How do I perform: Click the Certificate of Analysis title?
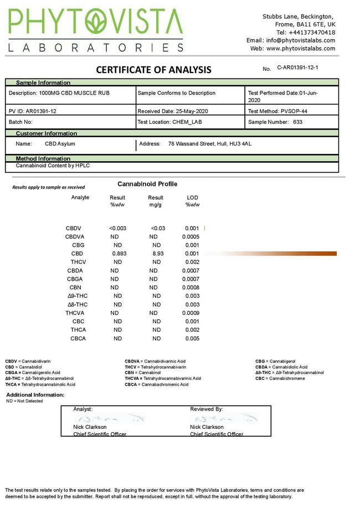(153, 70)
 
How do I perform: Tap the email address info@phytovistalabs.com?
(300, 40)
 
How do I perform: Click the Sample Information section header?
(43, 82)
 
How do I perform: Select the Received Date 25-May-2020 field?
(172, 111)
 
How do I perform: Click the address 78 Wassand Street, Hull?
(209, 144)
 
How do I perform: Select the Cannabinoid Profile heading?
(147, 184)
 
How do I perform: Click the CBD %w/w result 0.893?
(119, 253)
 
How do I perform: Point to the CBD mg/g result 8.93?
(157, 253)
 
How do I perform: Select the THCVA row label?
(74, 313)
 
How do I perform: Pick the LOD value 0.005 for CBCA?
(192, 339)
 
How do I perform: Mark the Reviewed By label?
(207, 409)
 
